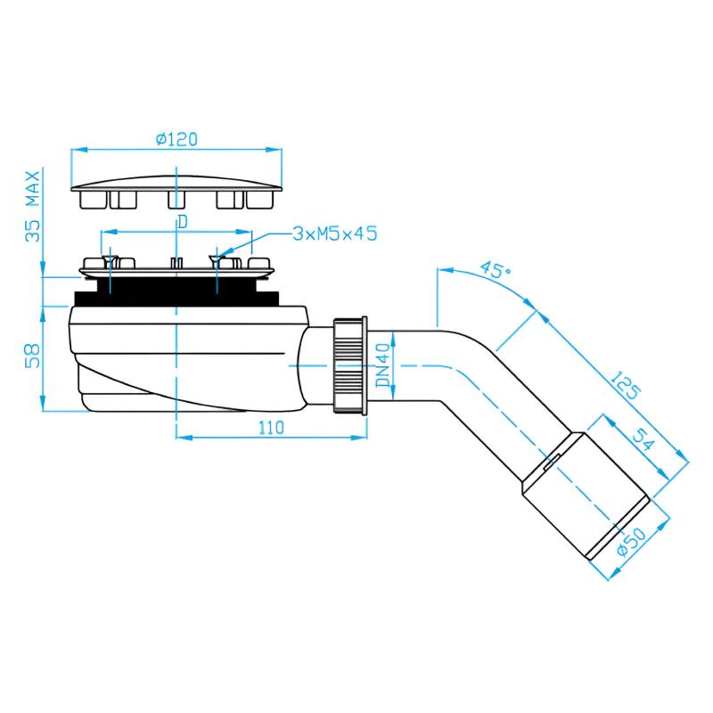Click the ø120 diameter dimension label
click(176, 139)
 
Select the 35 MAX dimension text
click(33, 206)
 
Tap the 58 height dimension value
click(33, 356)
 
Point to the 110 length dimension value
click(272, 428)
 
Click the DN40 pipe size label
click(383, 365)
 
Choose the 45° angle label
click(496, 269)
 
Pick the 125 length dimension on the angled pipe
click(626, 386)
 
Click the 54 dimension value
click(643, 439)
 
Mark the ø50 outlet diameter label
click(632, 542)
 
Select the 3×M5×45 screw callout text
click(335, 234)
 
